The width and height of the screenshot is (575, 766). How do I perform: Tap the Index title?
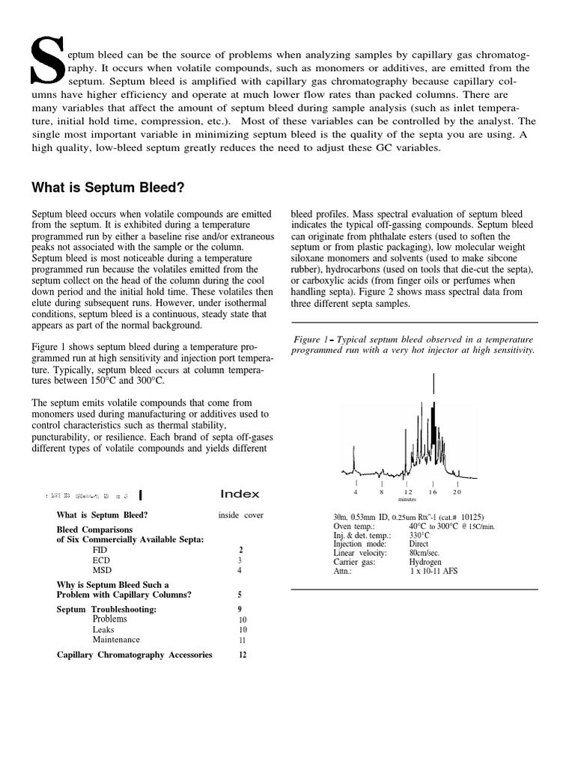(240, 494)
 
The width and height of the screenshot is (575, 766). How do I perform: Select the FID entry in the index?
(100, 550)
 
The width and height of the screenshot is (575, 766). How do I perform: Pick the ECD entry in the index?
(101, 560)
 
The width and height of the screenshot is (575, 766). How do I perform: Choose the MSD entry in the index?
(102, 571)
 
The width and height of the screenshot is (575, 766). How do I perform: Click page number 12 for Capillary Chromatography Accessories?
(242, 655)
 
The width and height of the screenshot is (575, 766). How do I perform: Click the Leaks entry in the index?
(104, 630)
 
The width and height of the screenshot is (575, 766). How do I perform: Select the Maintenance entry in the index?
(116, 640)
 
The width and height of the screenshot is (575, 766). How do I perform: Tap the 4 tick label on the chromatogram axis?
(356, 492)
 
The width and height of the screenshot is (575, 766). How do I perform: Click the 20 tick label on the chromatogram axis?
(457, 492)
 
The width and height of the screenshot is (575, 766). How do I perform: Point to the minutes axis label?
(407, 500)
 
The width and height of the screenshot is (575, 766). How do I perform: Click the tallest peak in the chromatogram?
(433, 385)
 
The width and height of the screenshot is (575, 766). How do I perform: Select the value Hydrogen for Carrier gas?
(425, 562)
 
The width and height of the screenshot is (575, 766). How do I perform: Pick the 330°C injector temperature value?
(419, 535)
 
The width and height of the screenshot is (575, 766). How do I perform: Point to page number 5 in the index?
(240, 595)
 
